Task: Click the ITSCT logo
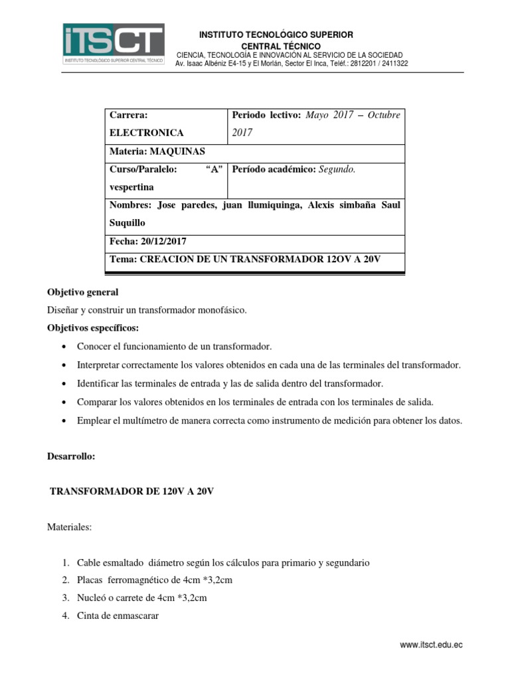pyautogui.click(x=114, y=44)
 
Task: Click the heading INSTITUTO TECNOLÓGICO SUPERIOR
pyautogui.click(x=276, y=35)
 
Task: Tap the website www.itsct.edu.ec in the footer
pyautogui.click(x=431, y=644)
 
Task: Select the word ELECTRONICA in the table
pyautogui.click(x=146, y=133)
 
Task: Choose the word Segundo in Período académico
pyautogui.click(x=337, y=169)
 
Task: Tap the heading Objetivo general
pyautogui.click(x=82, y=292)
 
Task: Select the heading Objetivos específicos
pyautogui.click(x=93, y=328)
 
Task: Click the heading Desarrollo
pyautogui.click(x=71, y=457)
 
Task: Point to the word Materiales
pyautogui.click(x=69, y=527)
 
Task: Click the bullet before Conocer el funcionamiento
pyautogui.click(x=63, y=347)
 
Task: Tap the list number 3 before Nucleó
pyautogui.click(x=66, y=598)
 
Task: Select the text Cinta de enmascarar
pyautogui.click(x=118, y=616)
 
